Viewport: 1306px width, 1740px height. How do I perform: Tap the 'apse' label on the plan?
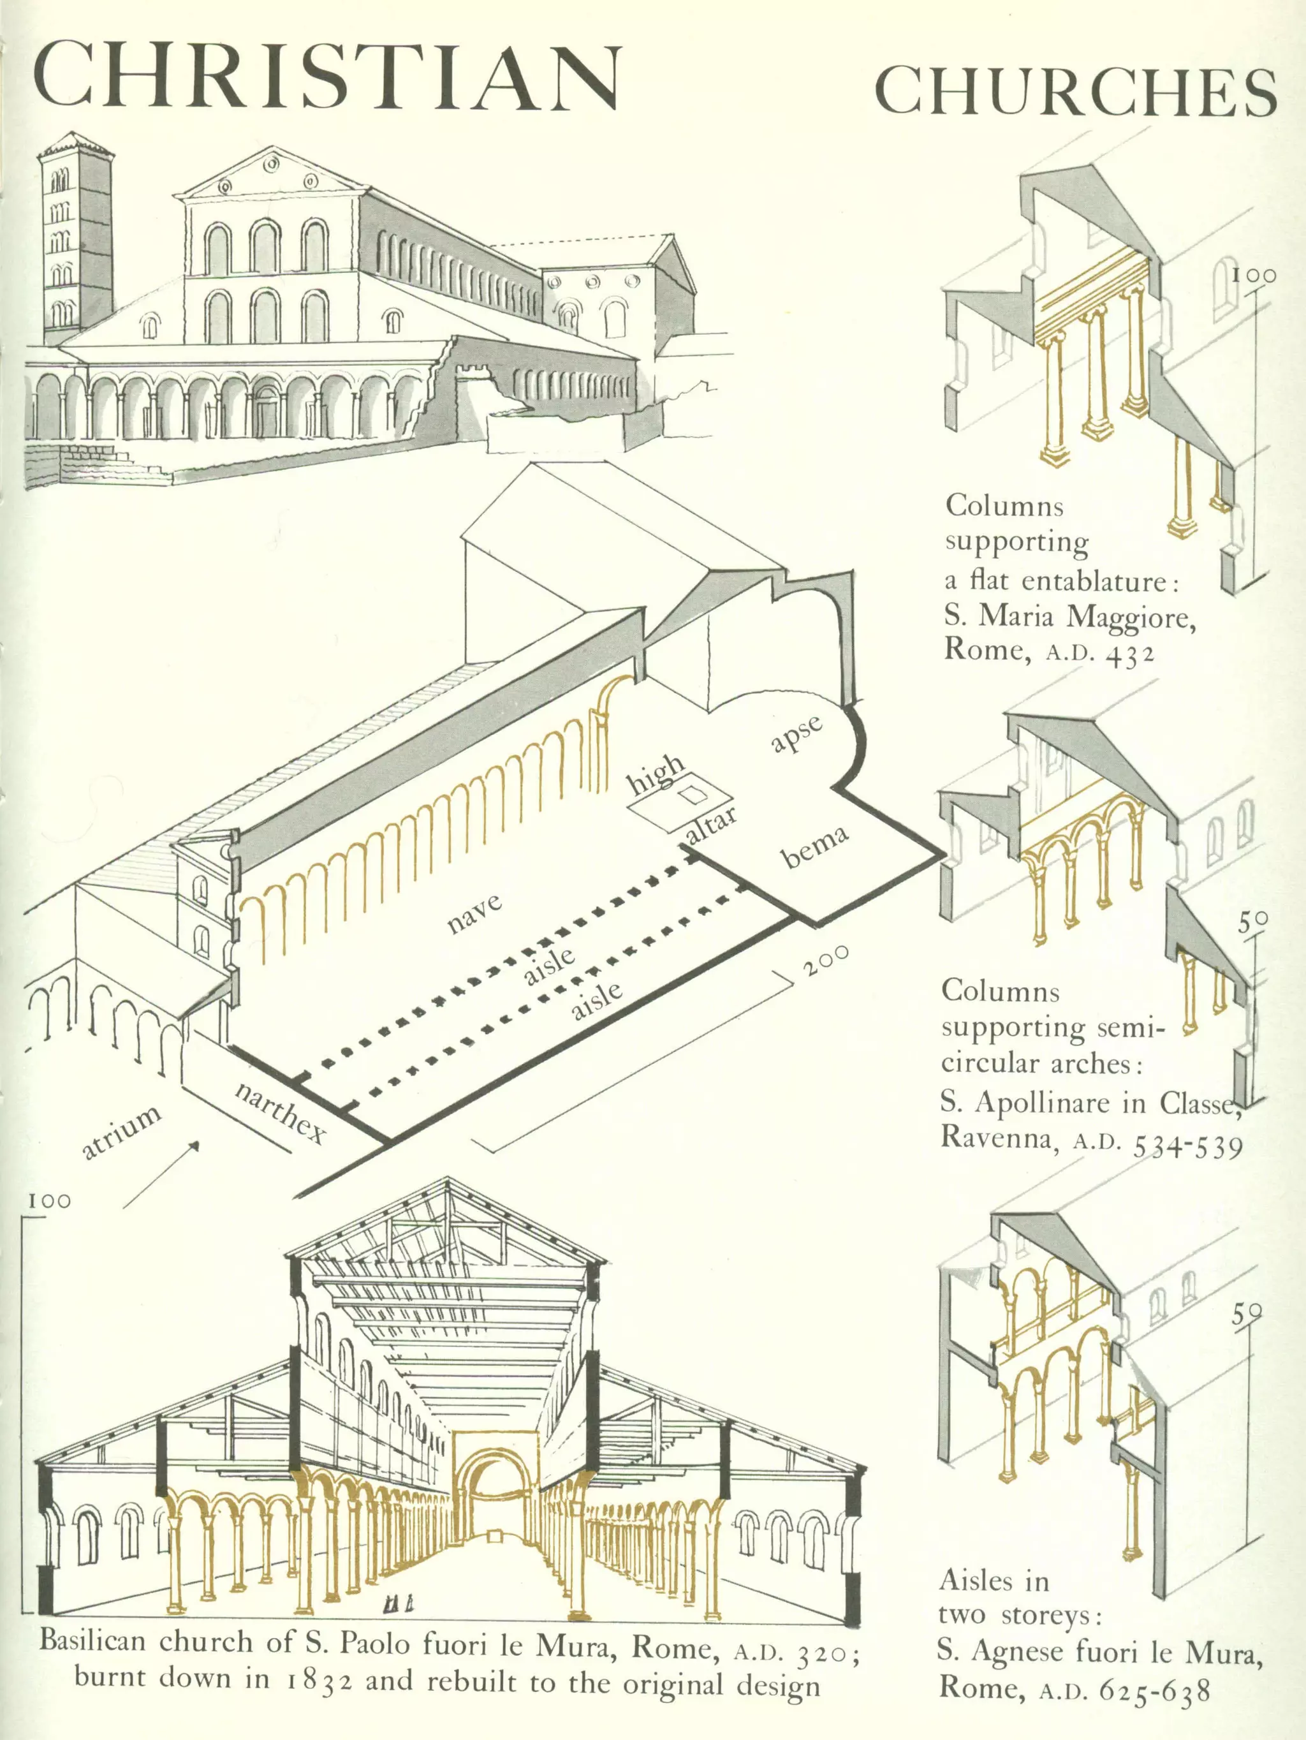[796, 732]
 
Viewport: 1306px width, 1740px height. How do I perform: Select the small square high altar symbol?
[693, 795]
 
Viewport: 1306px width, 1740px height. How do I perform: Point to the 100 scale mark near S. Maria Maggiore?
[1254, 276]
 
